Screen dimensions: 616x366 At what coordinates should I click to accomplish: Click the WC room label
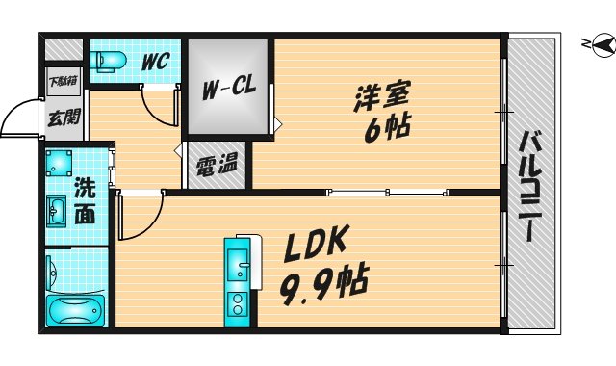point(155,61)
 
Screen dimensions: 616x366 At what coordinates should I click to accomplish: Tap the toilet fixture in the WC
point(109,61)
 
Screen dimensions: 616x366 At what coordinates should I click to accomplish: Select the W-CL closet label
point(228,90)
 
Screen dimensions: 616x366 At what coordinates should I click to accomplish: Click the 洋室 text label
point(382,97)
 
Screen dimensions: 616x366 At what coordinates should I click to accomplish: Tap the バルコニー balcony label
point(529,184)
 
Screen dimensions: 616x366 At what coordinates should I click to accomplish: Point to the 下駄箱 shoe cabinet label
point(61,81)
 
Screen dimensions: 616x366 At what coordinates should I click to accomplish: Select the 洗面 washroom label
point(86,200)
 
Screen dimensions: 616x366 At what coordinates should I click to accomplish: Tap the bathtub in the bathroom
point(75,311)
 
